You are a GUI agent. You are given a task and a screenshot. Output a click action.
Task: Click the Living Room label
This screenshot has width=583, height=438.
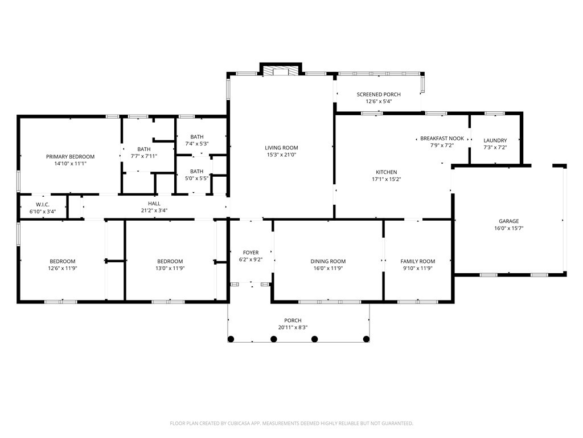pos(281,148)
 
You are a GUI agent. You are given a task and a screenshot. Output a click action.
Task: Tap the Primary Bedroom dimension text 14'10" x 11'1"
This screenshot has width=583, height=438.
pos(70,164)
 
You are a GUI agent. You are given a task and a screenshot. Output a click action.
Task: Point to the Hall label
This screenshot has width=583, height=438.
pos(154,203)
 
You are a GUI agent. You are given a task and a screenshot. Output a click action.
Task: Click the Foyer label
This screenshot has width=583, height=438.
pos(251,253)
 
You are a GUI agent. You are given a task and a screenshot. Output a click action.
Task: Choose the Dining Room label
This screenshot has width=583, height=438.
pos(328,261)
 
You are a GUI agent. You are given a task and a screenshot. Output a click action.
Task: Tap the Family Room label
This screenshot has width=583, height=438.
pos(417,261)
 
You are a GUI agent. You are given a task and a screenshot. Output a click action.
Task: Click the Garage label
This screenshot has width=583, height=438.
pos(509,221)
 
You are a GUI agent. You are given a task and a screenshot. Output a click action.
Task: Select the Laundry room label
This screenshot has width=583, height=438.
pos(495,140)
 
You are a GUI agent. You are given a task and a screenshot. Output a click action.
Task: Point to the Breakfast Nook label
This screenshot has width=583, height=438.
pos(442,139)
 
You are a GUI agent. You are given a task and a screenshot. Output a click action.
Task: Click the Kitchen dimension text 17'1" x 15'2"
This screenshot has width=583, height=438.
pos(386,179)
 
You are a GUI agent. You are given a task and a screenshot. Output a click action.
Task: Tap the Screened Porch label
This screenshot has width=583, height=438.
pos(379,95)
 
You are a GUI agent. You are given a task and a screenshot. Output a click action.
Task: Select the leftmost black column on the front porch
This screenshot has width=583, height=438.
pos(231,339)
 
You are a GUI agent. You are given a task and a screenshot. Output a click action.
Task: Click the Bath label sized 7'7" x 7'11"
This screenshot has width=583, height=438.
pos(143,149)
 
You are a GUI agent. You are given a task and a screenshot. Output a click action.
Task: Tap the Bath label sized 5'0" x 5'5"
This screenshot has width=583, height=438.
pos(196,171)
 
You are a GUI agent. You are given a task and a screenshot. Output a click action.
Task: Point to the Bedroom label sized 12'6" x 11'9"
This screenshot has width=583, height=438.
pos(61,261)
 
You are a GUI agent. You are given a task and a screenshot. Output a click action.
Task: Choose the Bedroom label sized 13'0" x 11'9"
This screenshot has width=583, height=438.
pos(170,261)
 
